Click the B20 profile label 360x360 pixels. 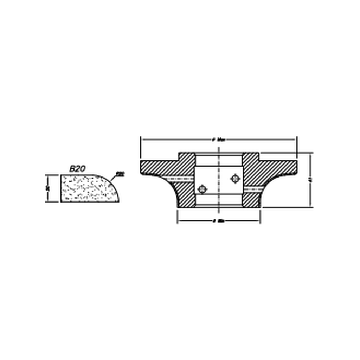77,169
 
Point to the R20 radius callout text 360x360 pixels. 121,173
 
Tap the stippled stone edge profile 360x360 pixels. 88,189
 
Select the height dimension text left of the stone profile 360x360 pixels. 47,188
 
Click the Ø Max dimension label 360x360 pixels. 219,140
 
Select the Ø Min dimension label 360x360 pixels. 219,221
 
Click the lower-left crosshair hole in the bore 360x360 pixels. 202,189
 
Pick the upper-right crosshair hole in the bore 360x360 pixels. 235,179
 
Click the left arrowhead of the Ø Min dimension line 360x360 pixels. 179,221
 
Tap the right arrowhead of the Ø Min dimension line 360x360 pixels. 258,221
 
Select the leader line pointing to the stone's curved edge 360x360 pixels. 114,177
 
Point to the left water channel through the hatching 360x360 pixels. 179,180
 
